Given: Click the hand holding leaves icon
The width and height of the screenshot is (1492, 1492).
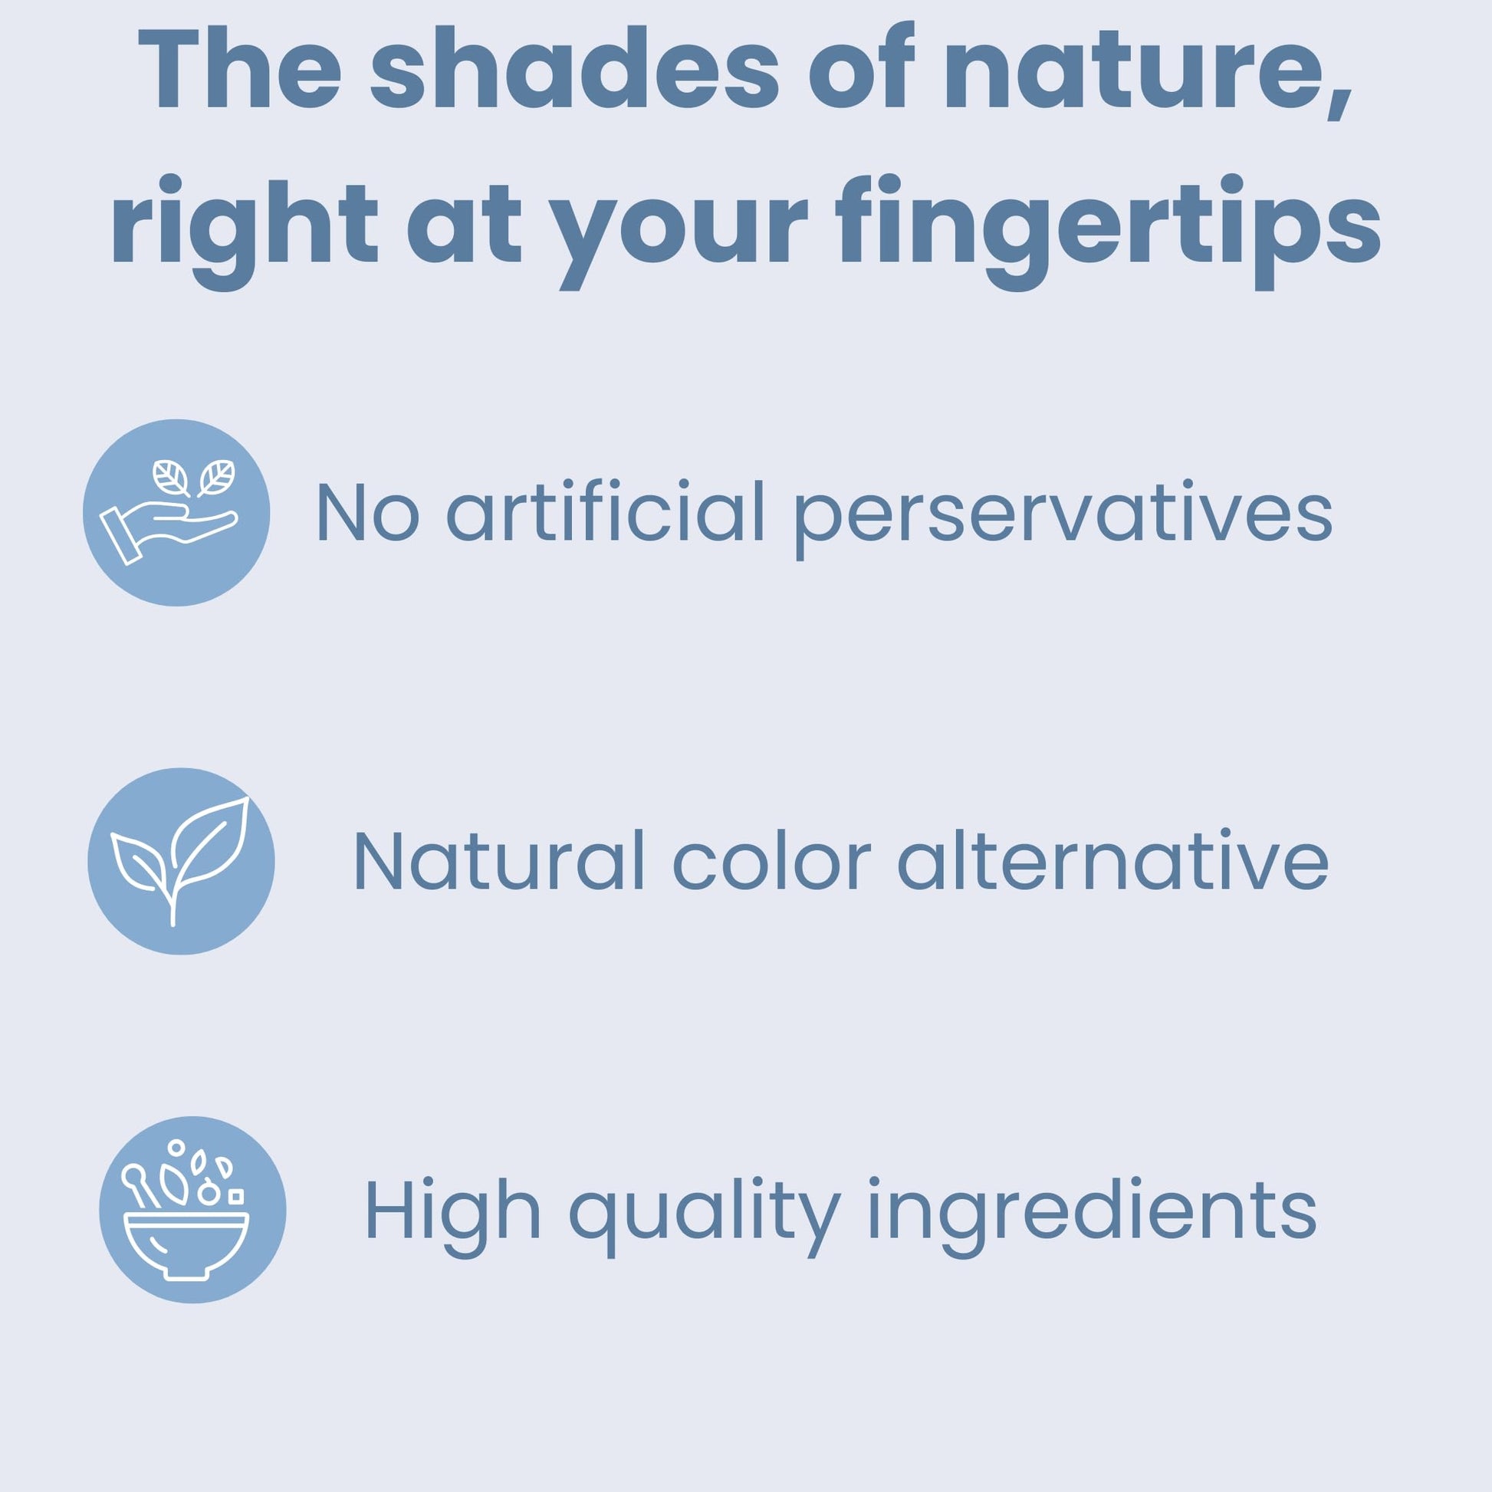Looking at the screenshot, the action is [x=176, y=513].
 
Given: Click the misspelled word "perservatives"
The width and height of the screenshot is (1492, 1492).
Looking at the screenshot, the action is [x=1063, y=518].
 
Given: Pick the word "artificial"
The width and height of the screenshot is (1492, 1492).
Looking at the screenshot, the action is [x=606, y=510].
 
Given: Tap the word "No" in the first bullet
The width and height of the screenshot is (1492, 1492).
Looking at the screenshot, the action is [x=367, y=512].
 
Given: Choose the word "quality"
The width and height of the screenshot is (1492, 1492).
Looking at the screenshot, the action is [x=705, y=1217].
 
